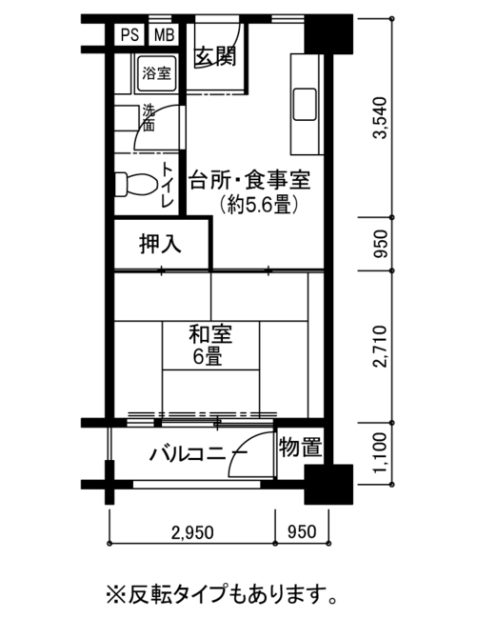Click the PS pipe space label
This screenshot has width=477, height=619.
[x=129, y=35]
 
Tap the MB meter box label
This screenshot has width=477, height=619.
[x=164, y=35]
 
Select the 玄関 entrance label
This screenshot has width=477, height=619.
[x=215, y=56]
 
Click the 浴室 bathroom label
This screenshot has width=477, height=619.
[x=157, y=73]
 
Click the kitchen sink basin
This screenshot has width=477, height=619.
[x=305, y=104]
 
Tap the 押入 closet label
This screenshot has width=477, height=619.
[x=160, y=244]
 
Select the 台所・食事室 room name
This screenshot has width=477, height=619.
[x=249, y=180]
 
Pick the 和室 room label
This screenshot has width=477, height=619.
[x=210, y=334]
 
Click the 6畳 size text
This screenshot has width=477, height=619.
[x=208, y=357]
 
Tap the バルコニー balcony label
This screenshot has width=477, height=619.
[x=198, y=453]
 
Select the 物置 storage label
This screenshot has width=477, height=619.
[x=300, y=448]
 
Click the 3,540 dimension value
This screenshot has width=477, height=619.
[x=381, y=118]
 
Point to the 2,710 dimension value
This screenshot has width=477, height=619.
[x=381, y=347]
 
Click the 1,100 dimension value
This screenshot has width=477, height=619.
[x=381, y=452]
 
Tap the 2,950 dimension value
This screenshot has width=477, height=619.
[x=192, y=532]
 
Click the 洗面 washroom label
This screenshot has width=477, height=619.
[x=149, y=118]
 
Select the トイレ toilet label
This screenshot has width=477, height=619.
[x=168, y=186]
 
